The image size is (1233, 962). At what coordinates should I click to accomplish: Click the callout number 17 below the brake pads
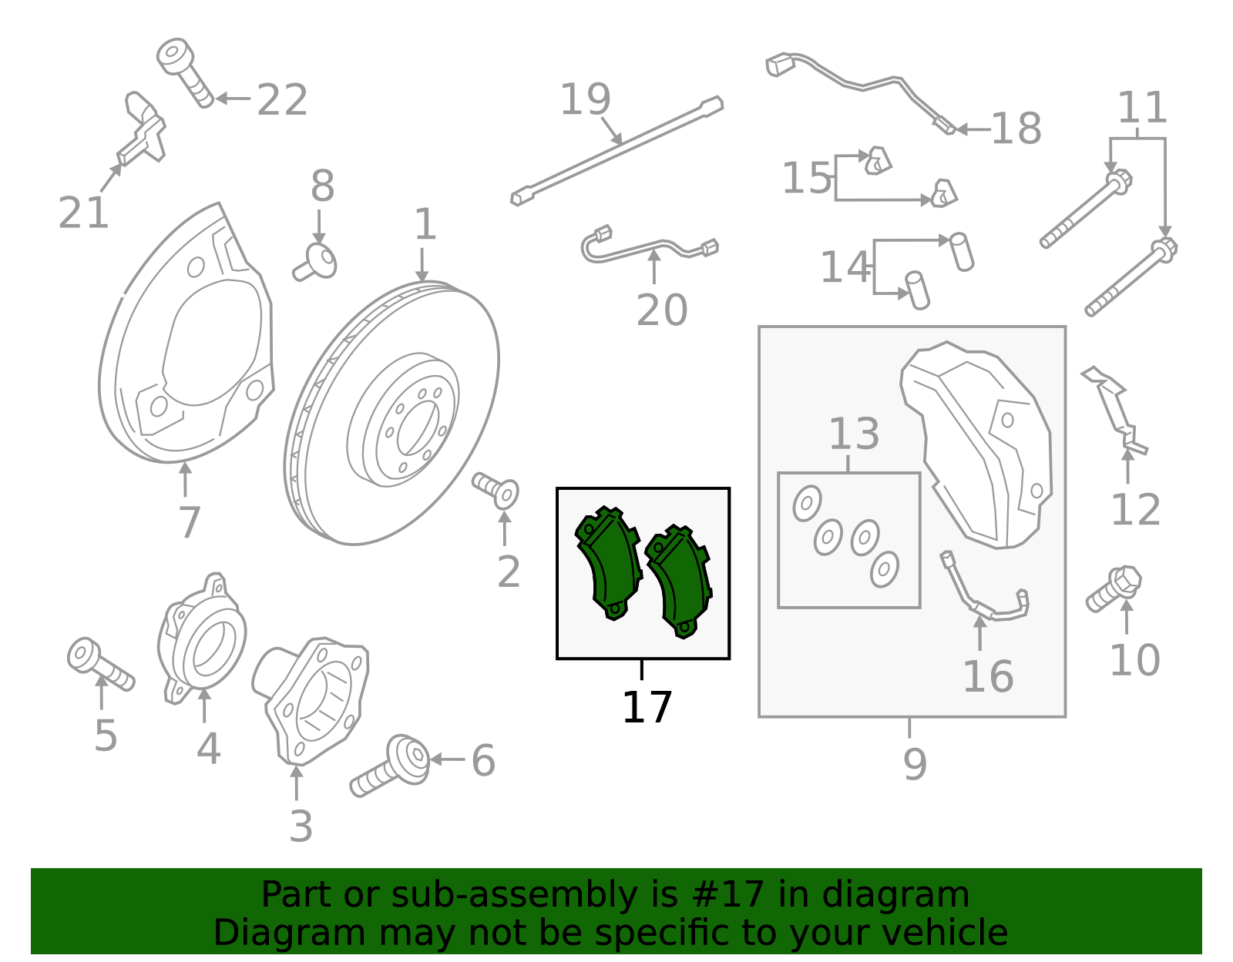pyautogui.click(x=647, y=708)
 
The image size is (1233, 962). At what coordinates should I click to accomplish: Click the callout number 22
pyautogui.click(x=282, y=100)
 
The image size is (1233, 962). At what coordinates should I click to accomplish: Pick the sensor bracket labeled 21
pyautogui.click(x=143, y=131)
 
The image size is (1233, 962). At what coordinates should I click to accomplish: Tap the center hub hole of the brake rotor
pyautogui.click(x=415, y=428)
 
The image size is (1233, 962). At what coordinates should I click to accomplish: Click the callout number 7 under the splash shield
pyautogui.click(x=189, y=523)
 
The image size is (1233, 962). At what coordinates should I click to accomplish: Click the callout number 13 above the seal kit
pyautogui.click(x=853, y=434)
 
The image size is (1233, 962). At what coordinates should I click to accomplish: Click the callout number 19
pyautogui.click(x=585, y=99)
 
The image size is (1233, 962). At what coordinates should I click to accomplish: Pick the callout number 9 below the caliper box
pyautogui.click(x=914, y=764)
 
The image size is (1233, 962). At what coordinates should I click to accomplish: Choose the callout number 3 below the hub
pyautogui.click(x=301, y=826)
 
